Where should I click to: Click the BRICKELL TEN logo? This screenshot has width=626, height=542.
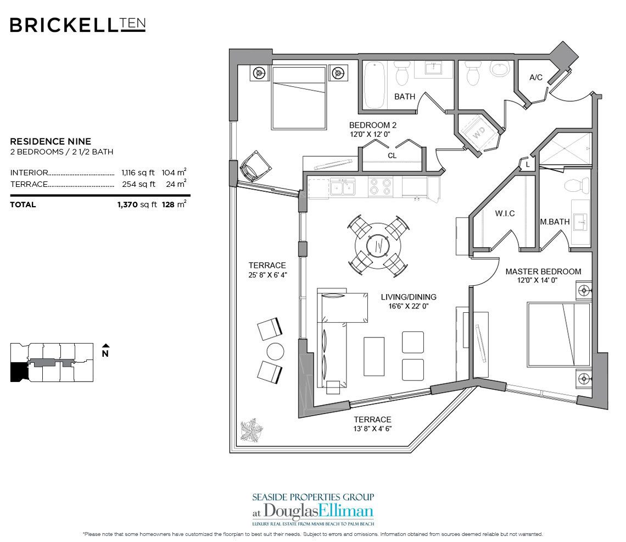77,25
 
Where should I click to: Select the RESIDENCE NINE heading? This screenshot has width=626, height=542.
51,141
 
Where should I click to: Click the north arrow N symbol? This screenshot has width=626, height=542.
105,351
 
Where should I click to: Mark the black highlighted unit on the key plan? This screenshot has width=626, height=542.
18,372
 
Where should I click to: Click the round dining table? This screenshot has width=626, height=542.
378,246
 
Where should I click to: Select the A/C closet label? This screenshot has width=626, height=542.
535,78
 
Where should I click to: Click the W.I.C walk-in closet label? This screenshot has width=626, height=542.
504,213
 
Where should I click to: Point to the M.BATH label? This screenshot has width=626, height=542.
554,222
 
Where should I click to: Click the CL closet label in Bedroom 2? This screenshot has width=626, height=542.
392,156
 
